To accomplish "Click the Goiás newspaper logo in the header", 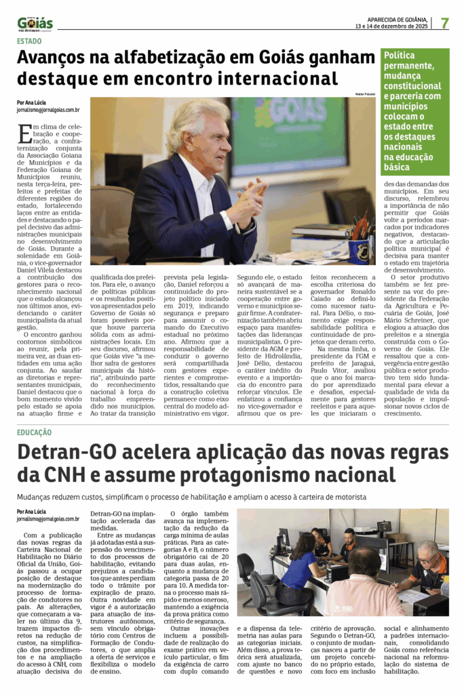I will pyautogui.click(x=35, y=23).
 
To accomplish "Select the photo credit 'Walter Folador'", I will pyautogui.click(x=365, y=94).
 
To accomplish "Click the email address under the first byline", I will pyautogui.click(x=48, y=109).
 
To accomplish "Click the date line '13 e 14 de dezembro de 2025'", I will pyautogui.click(x=391, y=26).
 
